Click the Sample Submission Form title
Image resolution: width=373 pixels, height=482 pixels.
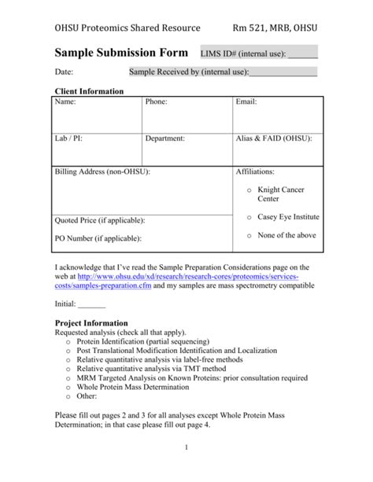click(x=121, y=53)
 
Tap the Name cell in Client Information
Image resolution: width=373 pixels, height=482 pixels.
click(x=97, y=114)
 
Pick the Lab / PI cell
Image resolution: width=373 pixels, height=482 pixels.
click(x=97, y=149)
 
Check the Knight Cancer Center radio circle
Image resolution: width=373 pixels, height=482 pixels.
click(x=249, y=190)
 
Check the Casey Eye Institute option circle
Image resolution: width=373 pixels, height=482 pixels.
click(x=249, y=217)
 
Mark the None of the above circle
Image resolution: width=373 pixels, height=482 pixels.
click(x=249, y=235)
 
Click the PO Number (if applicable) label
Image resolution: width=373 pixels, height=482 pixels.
click(x=98, y=237)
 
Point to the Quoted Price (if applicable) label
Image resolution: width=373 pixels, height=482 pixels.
click(x=99, y=220)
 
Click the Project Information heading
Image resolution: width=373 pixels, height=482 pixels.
click(x=90, y=322)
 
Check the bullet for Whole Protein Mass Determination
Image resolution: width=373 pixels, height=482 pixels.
click(x=69, y=388)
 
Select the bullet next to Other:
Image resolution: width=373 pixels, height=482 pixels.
click(x=69, y=397)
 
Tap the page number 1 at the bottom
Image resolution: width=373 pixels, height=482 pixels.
click(x=186, y=448)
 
